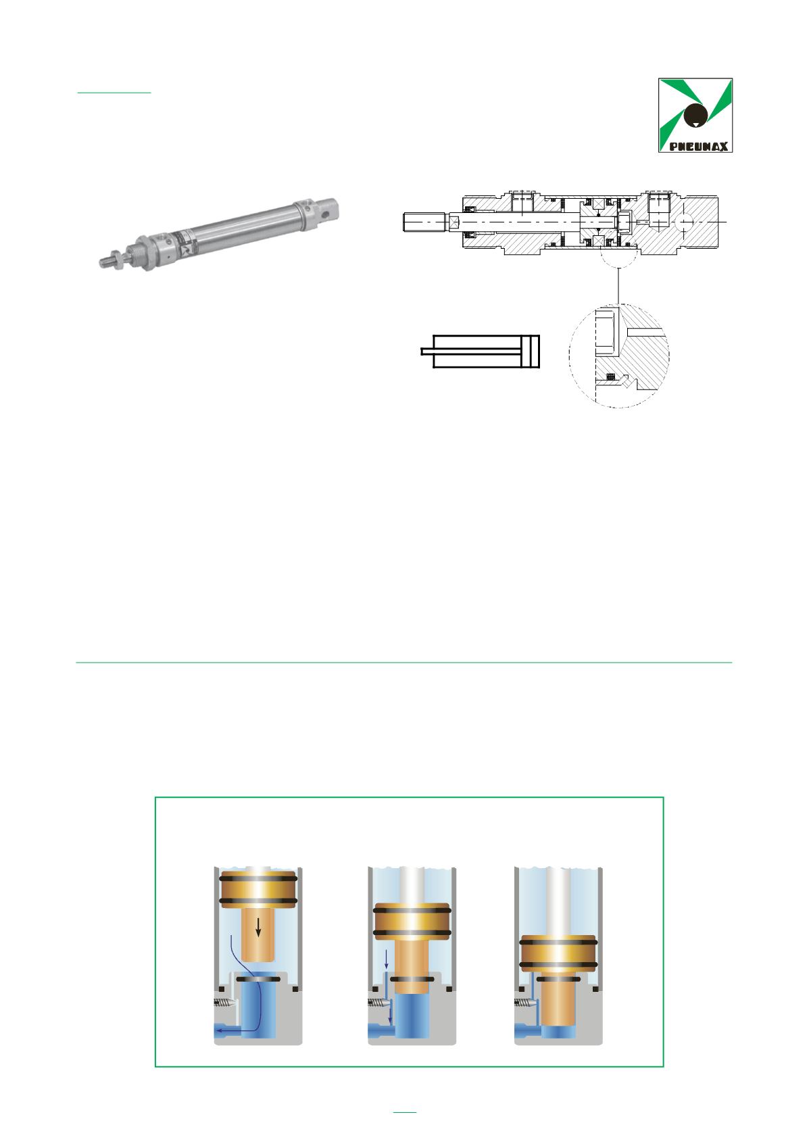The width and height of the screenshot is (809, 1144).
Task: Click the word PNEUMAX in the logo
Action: click(698, 147)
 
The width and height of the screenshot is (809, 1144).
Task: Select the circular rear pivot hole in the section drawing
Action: click(684, 222)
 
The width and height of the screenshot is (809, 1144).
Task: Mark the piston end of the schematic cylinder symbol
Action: click(535, 352)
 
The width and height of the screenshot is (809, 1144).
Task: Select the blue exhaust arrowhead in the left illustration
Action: click(218, 1031)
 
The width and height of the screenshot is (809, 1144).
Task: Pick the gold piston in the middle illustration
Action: click(412, 922)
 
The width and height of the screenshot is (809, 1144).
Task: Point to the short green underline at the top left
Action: click(114, 93)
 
